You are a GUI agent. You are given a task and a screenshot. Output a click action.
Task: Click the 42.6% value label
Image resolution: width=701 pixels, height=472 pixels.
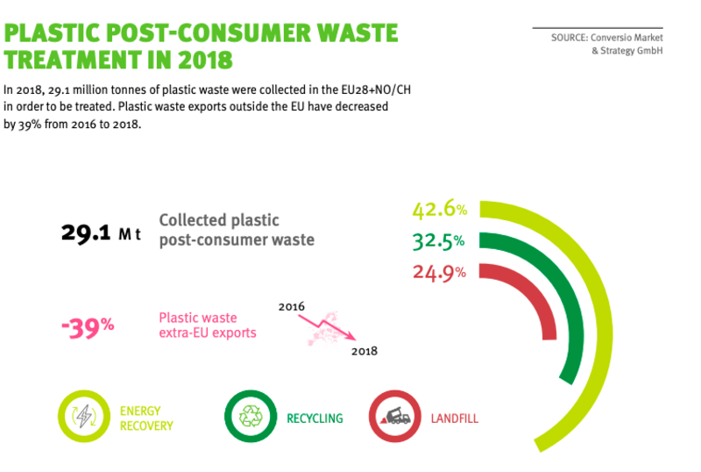pyautogui.click(x=440, y=210)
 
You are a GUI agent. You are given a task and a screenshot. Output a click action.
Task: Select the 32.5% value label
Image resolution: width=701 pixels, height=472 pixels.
pyautogui.click(x=439, y=241)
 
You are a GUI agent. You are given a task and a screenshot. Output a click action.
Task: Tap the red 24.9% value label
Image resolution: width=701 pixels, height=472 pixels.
pyautogui.click(x=439, y=273)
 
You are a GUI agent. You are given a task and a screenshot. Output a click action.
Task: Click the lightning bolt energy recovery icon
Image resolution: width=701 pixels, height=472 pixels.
pyautogui.click(x=84, y=416)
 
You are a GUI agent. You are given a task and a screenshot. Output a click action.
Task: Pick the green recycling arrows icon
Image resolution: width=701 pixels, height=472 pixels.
pyautogui.click(x=251, y=416)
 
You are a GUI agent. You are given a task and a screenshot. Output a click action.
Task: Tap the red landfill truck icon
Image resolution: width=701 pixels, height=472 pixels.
pyautogui.click(x=395, y=416)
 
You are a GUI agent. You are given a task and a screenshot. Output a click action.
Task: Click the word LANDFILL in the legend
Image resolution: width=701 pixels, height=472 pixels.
pyautogui.click(x=454, y=418)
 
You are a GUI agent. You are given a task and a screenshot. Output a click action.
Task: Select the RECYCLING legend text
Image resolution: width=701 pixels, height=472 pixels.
pyautogui.click(x=315, y=418)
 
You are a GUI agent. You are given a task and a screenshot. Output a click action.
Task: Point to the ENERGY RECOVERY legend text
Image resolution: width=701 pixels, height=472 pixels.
pyautogui.click(x=146, y=418)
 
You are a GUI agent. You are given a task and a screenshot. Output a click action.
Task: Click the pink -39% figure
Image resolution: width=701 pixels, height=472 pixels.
pyautogui.click(x=88, y=328)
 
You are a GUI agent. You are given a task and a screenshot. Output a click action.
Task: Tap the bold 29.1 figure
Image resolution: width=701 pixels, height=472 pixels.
pyautogui.click(x=86, y=232)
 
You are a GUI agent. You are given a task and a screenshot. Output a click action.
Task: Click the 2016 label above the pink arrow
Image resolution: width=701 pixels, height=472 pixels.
pyautogui.click(x=292, y=307)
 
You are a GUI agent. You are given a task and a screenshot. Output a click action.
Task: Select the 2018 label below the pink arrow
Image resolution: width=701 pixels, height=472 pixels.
pyautogui.click(x=365, y=351)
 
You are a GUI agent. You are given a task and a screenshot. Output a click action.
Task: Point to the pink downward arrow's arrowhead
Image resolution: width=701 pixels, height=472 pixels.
pyautogui.click(x=352, y=337)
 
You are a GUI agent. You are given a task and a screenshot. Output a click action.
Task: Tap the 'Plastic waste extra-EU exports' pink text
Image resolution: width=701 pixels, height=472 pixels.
pyautogui.click(x=208, y=325)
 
